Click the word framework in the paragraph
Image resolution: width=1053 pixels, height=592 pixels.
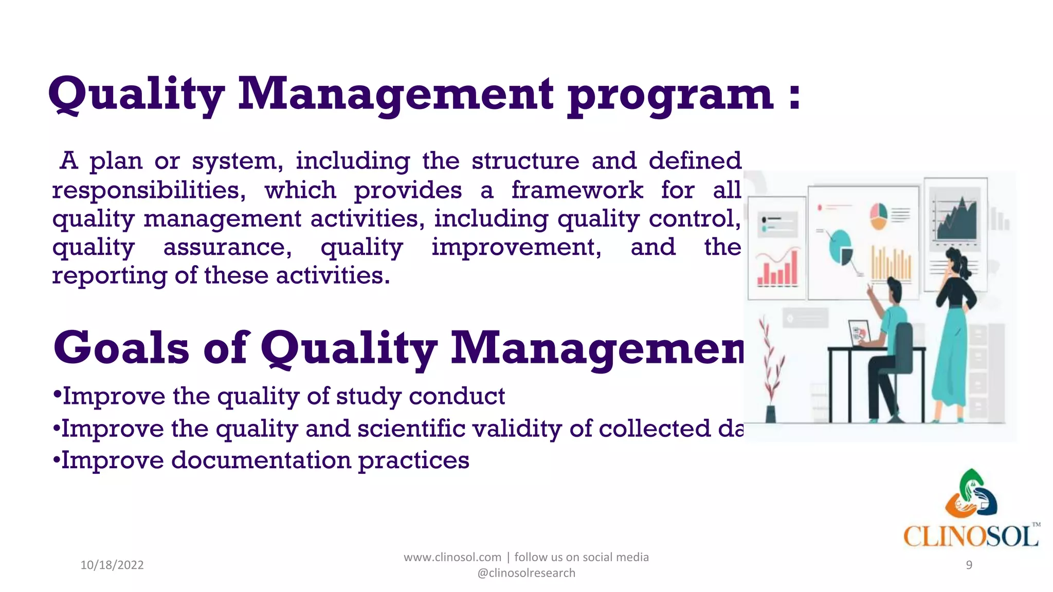pos(577,191)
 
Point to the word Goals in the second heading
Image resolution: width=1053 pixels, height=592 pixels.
pos(121,348)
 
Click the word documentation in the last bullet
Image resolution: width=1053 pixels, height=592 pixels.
pos(260,460)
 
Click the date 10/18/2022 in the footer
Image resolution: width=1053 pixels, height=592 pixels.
pos(112,565)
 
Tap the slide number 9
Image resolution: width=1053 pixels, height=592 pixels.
pos(969,565)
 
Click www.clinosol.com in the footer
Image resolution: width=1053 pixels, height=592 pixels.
pos(452,557)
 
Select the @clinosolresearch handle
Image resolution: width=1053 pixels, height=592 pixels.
pos(526,573)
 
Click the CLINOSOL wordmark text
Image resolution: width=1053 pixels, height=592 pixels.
pos(970,537)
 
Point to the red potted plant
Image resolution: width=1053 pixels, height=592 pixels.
pos(770,370)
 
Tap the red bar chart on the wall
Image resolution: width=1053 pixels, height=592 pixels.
pos(778,269)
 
